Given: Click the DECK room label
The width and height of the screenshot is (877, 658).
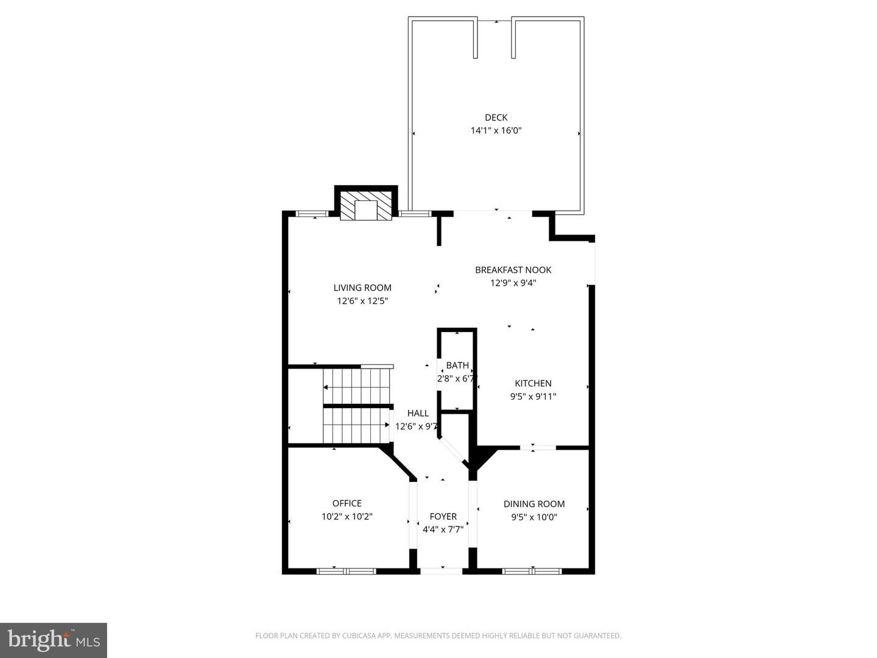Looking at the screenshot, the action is (x=496, y=118).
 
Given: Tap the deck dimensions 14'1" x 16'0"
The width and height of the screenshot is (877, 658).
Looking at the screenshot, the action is (x=496, y=130).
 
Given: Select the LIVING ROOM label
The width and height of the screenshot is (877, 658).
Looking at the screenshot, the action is (x=362, y=288).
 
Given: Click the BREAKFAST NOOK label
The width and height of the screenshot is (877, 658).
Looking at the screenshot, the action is (x=513, y=270).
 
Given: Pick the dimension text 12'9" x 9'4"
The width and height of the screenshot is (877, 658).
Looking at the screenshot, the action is (x=513, y=283).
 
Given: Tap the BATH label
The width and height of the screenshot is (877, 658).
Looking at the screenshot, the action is (x=457, y=365).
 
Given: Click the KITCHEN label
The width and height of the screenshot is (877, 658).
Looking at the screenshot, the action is (x=533, y=384).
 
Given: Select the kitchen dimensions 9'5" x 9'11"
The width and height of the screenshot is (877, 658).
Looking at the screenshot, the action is (x=533, y=397).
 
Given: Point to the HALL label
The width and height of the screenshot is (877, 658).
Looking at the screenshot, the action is (x=418, y=413).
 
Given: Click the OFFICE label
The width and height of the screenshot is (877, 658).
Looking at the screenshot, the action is (x=347, y=503).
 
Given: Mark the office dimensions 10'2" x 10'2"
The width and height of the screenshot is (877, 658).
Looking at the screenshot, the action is (x=347, y=517).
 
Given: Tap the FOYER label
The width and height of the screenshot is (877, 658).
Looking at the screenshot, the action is (x=443, y=517).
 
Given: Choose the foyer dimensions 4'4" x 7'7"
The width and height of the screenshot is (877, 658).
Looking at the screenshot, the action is (x=443, y=530).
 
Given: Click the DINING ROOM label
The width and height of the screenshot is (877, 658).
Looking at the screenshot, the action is (x=534, y=504).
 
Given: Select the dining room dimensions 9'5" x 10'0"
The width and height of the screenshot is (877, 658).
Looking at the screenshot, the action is (x=534, y=517).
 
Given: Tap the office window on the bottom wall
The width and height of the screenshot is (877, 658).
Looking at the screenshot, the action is (x=346, y=571).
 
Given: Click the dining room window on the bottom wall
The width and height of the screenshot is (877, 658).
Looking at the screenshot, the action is (x=532, y=571).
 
